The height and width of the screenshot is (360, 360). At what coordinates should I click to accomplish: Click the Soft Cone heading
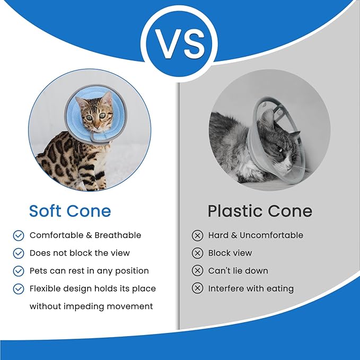(70, 210)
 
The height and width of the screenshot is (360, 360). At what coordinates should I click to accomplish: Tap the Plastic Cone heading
(260, 210)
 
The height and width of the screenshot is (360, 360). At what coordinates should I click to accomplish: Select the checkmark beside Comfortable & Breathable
(19, 235)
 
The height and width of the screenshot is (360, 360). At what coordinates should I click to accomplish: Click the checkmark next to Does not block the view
(19, 253)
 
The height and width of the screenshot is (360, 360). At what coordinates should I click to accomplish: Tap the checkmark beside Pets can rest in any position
(19, 271)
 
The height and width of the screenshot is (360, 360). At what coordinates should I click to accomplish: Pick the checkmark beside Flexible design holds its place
(19, 289)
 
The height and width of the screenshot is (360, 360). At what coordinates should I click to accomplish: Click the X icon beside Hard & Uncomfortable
(197, 235)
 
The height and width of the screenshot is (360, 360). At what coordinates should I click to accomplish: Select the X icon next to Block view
(197, 253)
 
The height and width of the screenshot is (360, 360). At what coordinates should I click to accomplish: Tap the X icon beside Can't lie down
(197, 271)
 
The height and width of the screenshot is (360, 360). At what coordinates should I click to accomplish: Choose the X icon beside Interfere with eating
(197, 289)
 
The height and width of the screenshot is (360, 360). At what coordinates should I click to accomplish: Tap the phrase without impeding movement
(91, 306)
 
